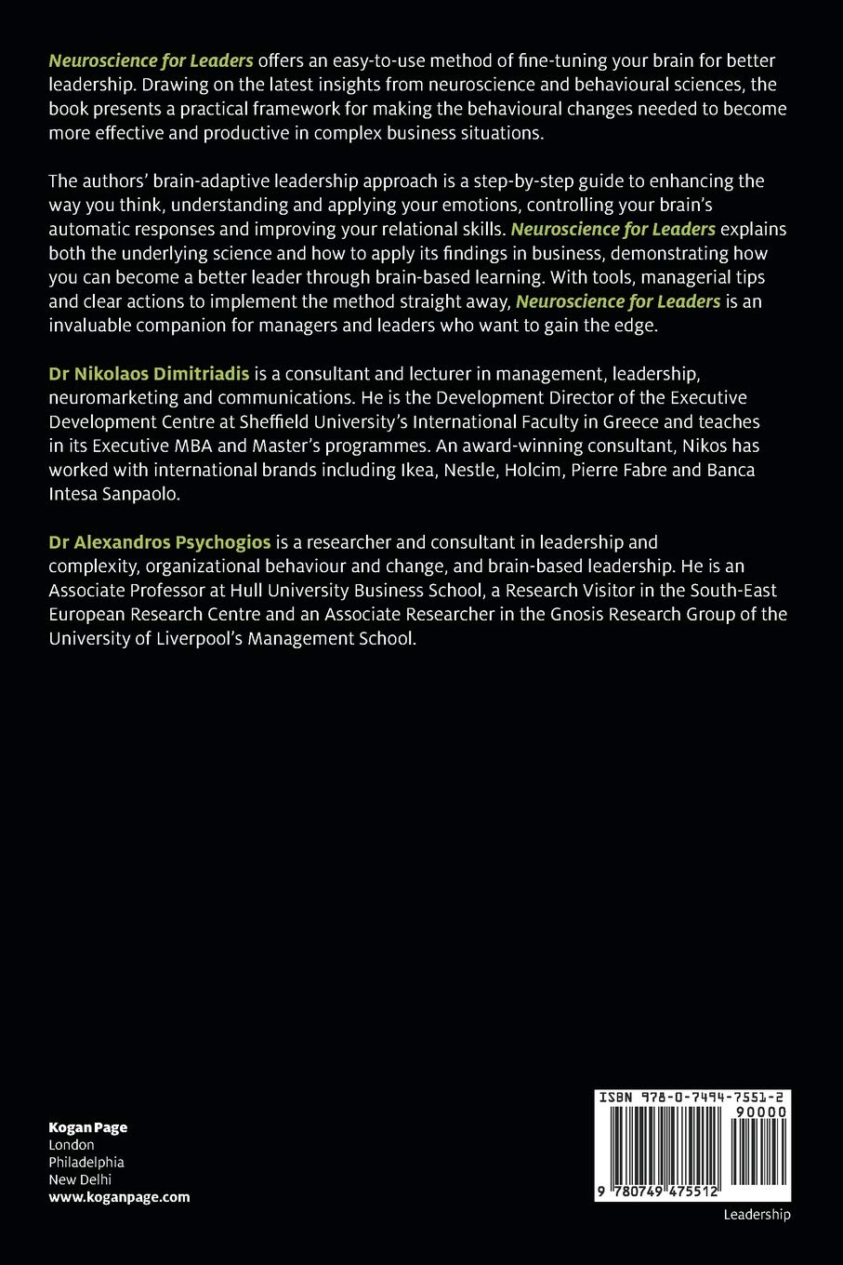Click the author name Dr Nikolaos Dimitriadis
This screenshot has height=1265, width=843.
tap(149, 374)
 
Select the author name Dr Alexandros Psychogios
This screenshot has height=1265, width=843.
tap(160, 541)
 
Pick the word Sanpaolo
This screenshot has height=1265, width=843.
tap(140, 494)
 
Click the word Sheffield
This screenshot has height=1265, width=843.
tap(276, 421)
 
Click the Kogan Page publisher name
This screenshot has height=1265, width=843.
tap(88, 1127)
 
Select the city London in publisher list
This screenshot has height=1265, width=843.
tap(72, 1145)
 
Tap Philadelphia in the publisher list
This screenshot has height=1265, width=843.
tap(86, 1162)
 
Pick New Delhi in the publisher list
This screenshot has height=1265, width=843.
tap(80, 1179)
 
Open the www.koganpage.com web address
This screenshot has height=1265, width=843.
tap(119, 1197)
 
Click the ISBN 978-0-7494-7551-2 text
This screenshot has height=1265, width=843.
tap(692, 1098)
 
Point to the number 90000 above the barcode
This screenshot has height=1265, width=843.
tap(759, 1112)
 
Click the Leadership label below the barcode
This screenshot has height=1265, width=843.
tap(757, 1215)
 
